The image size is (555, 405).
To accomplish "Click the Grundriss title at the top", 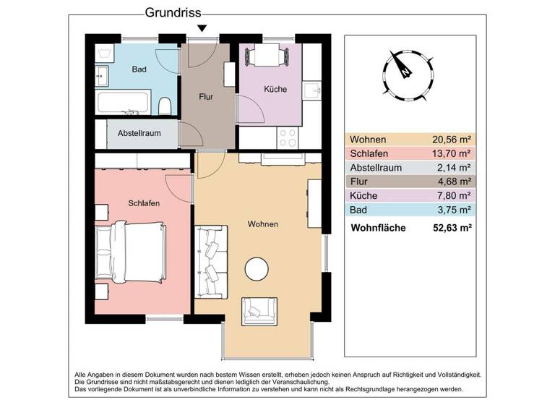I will pyautogui.click(x=173, y=12).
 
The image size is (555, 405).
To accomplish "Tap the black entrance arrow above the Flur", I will pyautogui.click(x=202, y=28).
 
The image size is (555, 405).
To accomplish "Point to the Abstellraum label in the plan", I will pyautogui.click(x=139, y=134).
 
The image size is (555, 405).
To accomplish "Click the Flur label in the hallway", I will pyautogui.click(x=206, y=95).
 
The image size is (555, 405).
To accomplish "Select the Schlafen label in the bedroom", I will pyautogui.click(x=145, y=204).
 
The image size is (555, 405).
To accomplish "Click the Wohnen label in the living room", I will pyautogui.click(x=262, y=224).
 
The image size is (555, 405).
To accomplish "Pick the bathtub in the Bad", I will pyautogui.click(x=123, y=103).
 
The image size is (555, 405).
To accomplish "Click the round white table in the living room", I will pyautogui.click(x=257, y=270).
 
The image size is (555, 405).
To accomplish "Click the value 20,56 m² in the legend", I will pyautogui.click(x=452, y=140).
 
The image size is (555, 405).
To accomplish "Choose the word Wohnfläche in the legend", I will pyautogui.click(x=378, y=228).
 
